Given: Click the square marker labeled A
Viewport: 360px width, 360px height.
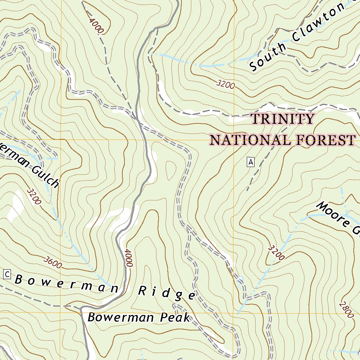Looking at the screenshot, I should [x=250, y=162].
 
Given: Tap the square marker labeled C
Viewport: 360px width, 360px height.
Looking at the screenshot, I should [x=7, y=274].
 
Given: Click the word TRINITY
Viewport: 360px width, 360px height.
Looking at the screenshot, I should [x=282, y=119].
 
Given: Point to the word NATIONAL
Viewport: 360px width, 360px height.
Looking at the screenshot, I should [x=250, y=140].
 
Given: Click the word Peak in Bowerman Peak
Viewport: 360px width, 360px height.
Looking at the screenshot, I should [x=175, y=317].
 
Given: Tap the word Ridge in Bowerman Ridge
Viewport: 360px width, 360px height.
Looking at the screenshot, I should [x=166, y=293].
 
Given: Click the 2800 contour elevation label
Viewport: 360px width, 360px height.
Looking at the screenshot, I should [x=346, y=310].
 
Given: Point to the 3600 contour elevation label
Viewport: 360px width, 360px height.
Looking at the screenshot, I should [x=53, y=262].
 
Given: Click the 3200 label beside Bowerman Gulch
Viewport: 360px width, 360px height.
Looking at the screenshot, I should [x=34, y=196].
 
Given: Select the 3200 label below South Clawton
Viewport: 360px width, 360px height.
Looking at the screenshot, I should [x=225, y=84].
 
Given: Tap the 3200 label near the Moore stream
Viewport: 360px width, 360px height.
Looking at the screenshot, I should [x=276, y=252].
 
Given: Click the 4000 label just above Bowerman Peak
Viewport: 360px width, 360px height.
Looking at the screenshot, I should [x=128, y=258].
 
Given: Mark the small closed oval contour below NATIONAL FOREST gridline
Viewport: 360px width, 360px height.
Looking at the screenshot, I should [x=171, y=170].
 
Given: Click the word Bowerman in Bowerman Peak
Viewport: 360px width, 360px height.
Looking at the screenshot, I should [x=116, y=317].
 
